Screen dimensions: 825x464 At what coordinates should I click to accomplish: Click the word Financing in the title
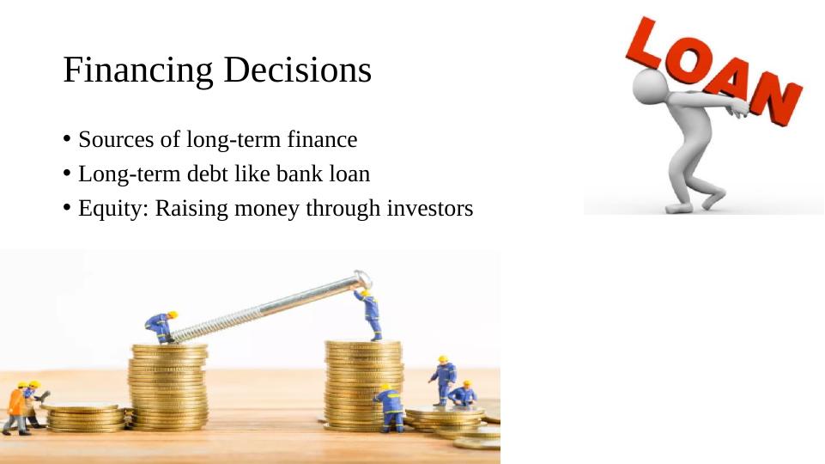coord(138,70)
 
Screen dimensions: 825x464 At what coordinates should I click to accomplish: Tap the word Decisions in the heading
coord(298,69)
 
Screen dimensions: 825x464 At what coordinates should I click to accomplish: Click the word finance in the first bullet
coord(322,139)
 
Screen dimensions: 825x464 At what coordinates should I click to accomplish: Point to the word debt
coord(207,174)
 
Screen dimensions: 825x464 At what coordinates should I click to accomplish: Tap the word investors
coord(430,208)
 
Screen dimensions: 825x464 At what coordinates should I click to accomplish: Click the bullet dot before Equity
coord(67,207)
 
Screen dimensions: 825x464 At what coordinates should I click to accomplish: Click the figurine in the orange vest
coord(15,408)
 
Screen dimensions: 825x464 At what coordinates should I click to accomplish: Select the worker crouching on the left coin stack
coord(161,327)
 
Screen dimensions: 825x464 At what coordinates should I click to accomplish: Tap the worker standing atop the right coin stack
coord(369,314)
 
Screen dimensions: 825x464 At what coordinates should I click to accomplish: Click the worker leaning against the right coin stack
coord(390,407)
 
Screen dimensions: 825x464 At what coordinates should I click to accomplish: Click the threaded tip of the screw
coord(178,335)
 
